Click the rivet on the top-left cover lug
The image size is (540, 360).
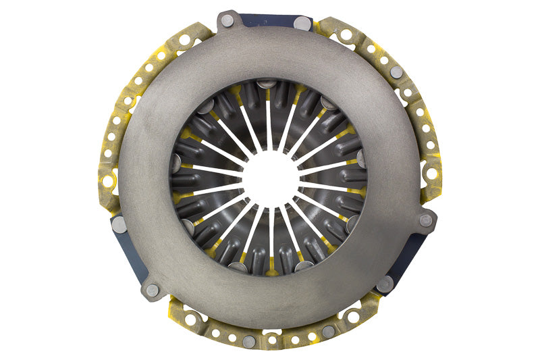pyautogui.click(x=227, y=21)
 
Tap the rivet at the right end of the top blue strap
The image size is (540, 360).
pyautogui.click(x=302, y=24)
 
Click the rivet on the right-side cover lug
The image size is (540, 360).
pyautogui.click(x=426, y=220)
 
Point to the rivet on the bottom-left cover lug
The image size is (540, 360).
pyautogui.click(x=153, y=290)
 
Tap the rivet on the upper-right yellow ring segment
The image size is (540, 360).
pyautogui.click(x=397, y=72)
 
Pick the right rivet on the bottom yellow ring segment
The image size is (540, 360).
pyautogui.click(x=328, y=332)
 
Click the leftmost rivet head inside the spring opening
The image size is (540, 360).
pyautogui.click(x=176, y=163)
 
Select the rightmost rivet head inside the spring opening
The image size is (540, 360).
pyautogui.click(x=362, y=159)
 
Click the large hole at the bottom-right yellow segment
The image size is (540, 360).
pyautogui.click(x=353, y=315)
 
